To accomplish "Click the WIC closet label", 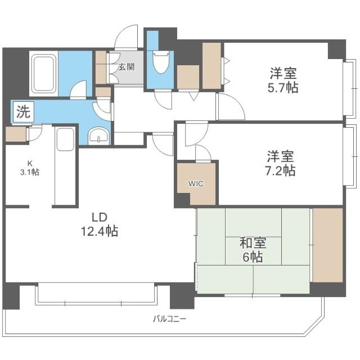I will point(196,183).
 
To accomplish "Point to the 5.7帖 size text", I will point(283,88).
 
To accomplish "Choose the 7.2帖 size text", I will point(281,171).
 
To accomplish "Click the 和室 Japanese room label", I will point(253,243).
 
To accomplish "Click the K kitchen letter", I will point(30,164).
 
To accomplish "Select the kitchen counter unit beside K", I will point(65,166).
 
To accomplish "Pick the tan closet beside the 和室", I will point(327,245).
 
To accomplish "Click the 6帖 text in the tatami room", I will point(253,258).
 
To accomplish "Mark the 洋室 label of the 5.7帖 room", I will point(283,73).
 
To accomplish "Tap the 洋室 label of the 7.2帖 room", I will point(281,156).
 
